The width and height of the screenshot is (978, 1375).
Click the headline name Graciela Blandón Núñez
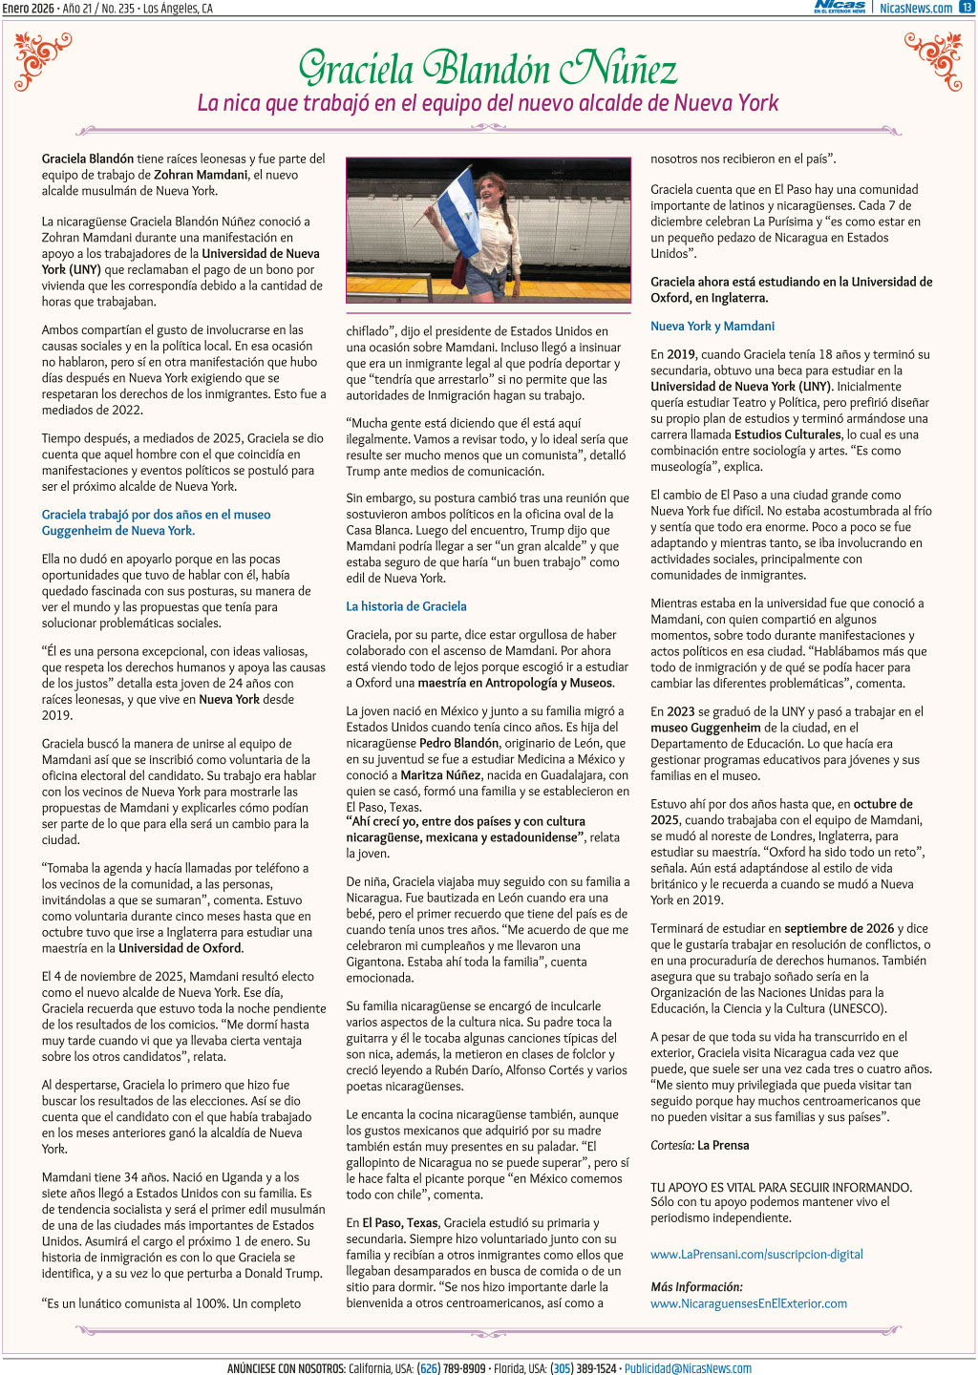488,68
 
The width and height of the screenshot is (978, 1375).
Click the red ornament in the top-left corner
43,59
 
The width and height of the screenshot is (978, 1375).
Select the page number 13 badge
966,8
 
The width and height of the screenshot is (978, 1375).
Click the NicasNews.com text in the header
915,8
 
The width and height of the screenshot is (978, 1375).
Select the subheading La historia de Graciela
406,606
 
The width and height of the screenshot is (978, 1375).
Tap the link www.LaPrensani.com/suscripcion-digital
756,1254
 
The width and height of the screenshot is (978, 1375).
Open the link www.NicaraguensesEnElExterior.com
749,1303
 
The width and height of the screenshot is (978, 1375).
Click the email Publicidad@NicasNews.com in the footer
688,1368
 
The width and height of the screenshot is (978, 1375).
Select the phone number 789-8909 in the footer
464,1368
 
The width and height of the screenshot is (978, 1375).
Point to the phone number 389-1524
596,1368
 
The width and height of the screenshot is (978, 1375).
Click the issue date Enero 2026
29,8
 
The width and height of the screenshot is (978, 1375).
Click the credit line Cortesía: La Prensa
700,1145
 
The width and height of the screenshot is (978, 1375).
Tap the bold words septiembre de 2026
840,928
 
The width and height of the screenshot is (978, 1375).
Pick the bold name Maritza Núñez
441,775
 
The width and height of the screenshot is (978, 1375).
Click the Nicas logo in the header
840,7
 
